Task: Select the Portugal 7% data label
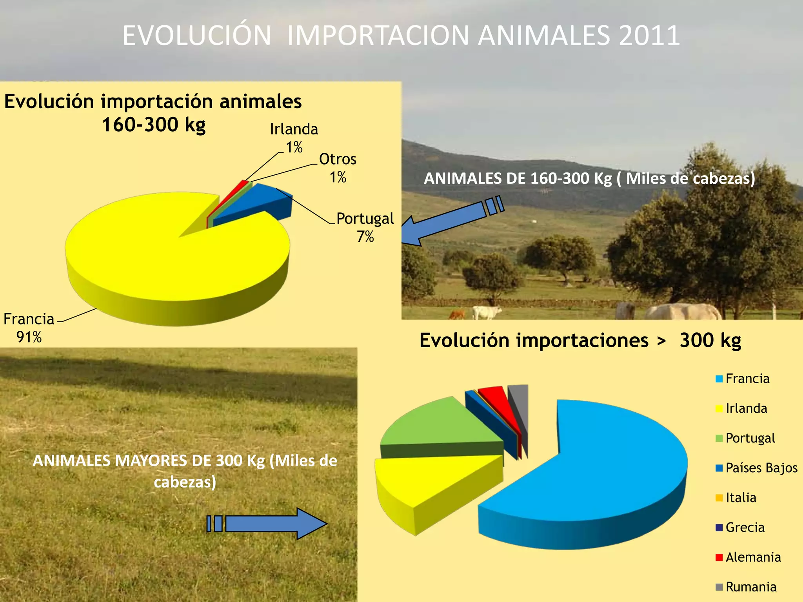tap(365, 227)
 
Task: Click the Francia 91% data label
tap(29, 328)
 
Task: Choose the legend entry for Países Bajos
tap(756, 468)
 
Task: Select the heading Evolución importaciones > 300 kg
tap(580, 340)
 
